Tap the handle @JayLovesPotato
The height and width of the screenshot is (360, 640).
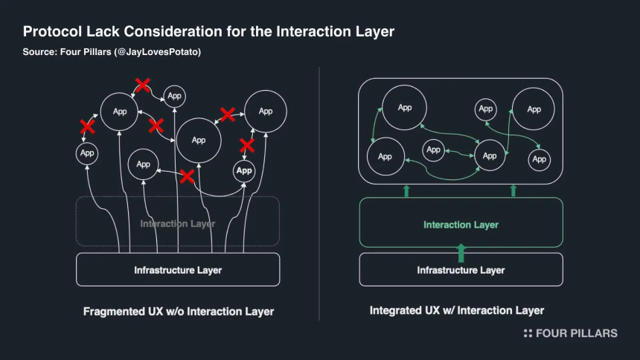(x=159, y=52)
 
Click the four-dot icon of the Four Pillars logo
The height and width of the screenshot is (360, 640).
(x=528, y=333)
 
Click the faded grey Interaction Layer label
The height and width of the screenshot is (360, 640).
(x=178, y=224)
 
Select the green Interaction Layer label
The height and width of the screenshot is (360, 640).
(x=461, y=225)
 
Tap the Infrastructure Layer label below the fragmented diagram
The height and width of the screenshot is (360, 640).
(x=178, y=270)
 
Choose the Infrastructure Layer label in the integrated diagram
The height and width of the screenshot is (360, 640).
(x=461, y=270)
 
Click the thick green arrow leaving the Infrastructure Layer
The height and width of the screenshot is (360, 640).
(x=461, y=253)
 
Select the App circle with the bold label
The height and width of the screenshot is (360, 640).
(x=244, y=170)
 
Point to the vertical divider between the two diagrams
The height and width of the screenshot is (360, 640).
(x=319, y=194)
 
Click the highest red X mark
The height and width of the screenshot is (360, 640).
(x=142, y=85)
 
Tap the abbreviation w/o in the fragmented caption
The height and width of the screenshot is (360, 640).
(x=175, y=312)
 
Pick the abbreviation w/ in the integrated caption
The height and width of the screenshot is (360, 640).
(x=449, y=311)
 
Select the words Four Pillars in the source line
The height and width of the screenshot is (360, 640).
(x=86, y=52)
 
